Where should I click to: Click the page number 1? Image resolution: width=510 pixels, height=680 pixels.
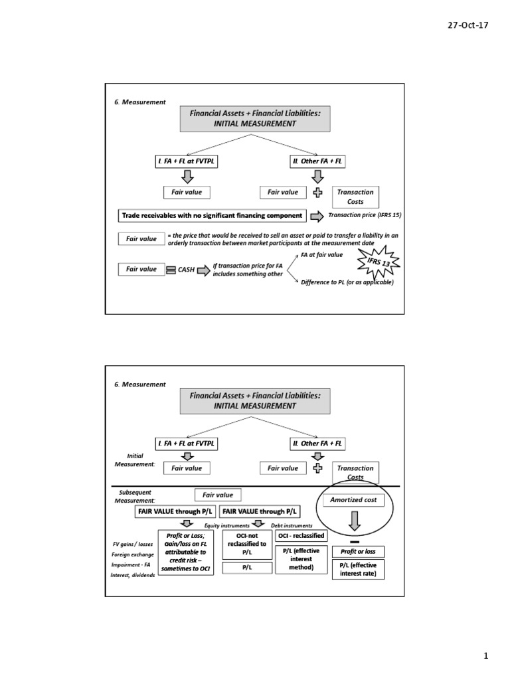click(485, 656)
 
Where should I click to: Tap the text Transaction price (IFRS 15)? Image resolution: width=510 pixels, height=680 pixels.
click(365, 215)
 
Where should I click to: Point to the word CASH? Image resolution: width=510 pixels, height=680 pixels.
click(186, 270)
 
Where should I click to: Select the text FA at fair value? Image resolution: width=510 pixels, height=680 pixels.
click(321, 254)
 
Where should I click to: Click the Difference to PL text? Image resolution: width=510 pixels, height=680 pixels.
click(347, 282)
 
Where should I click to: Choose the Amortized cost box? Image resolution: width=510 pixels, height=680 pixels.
click(353, 500)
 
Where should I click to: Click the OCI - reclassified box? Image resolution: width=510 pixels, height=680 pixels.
click(301, 535)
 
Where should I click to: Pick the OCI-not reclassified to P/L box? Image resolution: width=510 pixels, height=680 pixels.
click(246, 543)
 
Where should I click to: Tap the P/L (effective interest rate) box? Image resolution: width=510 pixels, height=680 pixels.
click(358, 569)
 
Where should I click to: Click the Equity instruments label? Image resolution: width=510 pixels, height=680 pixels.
click(226, 525)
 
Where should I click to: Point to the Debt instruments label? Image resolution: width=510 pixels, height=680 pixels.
click(292, 525)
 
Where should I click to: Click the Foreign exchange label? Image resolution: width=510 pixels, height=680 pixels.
click(132, 554)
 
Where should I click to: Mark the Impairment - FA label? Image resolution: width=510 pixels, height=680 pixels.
click(132, 564)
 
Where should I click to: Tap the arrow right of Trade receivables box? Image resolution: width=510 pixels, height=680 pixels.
click(317, 216)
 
